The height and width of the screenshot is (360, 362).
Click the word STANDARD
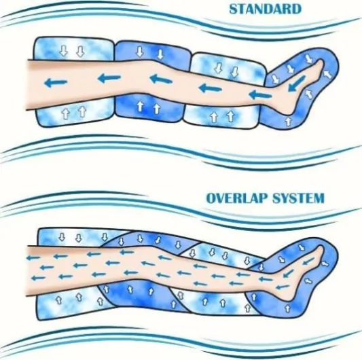tap(266, 10)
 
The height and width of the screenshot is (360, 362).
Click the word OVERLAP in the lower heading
tap(237, 198)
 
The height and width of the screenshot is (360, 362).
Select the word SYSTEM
tap(298, 198)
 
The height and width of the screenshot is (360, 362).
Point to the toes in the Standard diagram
tap(320, 63)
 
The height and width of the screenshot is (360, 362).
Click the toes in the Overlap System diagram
tap(320, 250)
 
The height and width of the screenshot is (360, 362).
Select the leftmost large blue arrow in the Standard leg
tap(56, 83)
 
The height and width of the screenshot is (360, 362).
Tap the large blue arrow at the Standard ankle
tap(259, 94)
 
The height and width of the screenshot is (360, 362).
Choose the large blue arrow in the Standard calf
tap(210, 88)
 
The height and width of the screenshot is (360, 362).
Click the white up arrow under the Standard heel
tap(288, 121)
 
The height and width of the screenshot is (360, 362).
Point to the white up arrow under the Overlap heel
tap(287, 308)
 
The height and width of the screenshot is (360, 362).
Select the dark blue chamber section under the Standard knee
tap(148, 109)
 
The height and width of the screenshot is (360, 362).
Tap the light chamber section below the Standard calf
tap(221, 115)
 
